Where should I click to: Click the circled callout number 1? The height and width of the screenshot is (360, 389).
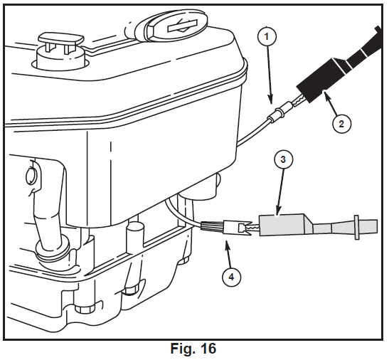pyautogui.click(x=267, y=37)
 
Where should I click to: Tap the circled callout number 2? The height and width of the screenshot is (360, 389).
pyautogui.click(x=341, y=124)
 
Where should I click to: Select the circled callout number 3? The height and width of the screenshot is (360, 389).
pyautogui.click(x=283, y=159)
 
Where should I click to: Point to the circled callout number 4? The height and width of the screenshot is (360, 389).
pyautogui.click(x=231, y=277)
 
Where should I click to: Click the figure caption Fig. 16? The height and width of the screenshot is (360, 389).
pyautogui.click(x=193, y=349)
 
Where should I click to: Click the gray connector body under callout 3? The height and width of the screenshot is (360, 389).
pyautogui.click(x=283, y=226)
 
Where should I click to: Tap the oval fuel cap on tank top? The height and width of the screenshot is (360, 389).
pyautogui.click(x=175, y=26)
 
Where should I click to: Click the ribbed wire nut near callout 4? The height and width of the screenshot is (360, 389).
pyautogui.click(x=211, y=226)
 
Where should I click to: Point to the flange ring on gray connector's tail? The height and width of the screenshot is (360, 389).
pyautogui.click(x=357, y=228)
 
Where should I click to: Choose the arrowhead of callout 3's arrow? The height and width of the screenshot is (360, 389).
pyautogui.click(x=278, y=213)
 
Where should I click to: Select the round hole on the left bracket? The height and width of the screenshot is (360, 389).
pyautogui.click(x=31, y=176)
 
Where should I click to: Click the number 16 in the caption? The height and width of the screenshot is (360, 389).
pyautogui.click(x=207, y=349)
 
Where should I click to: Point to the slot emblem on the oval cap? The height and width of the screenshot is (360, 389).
pyautogui.click(x=182, y=26)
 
